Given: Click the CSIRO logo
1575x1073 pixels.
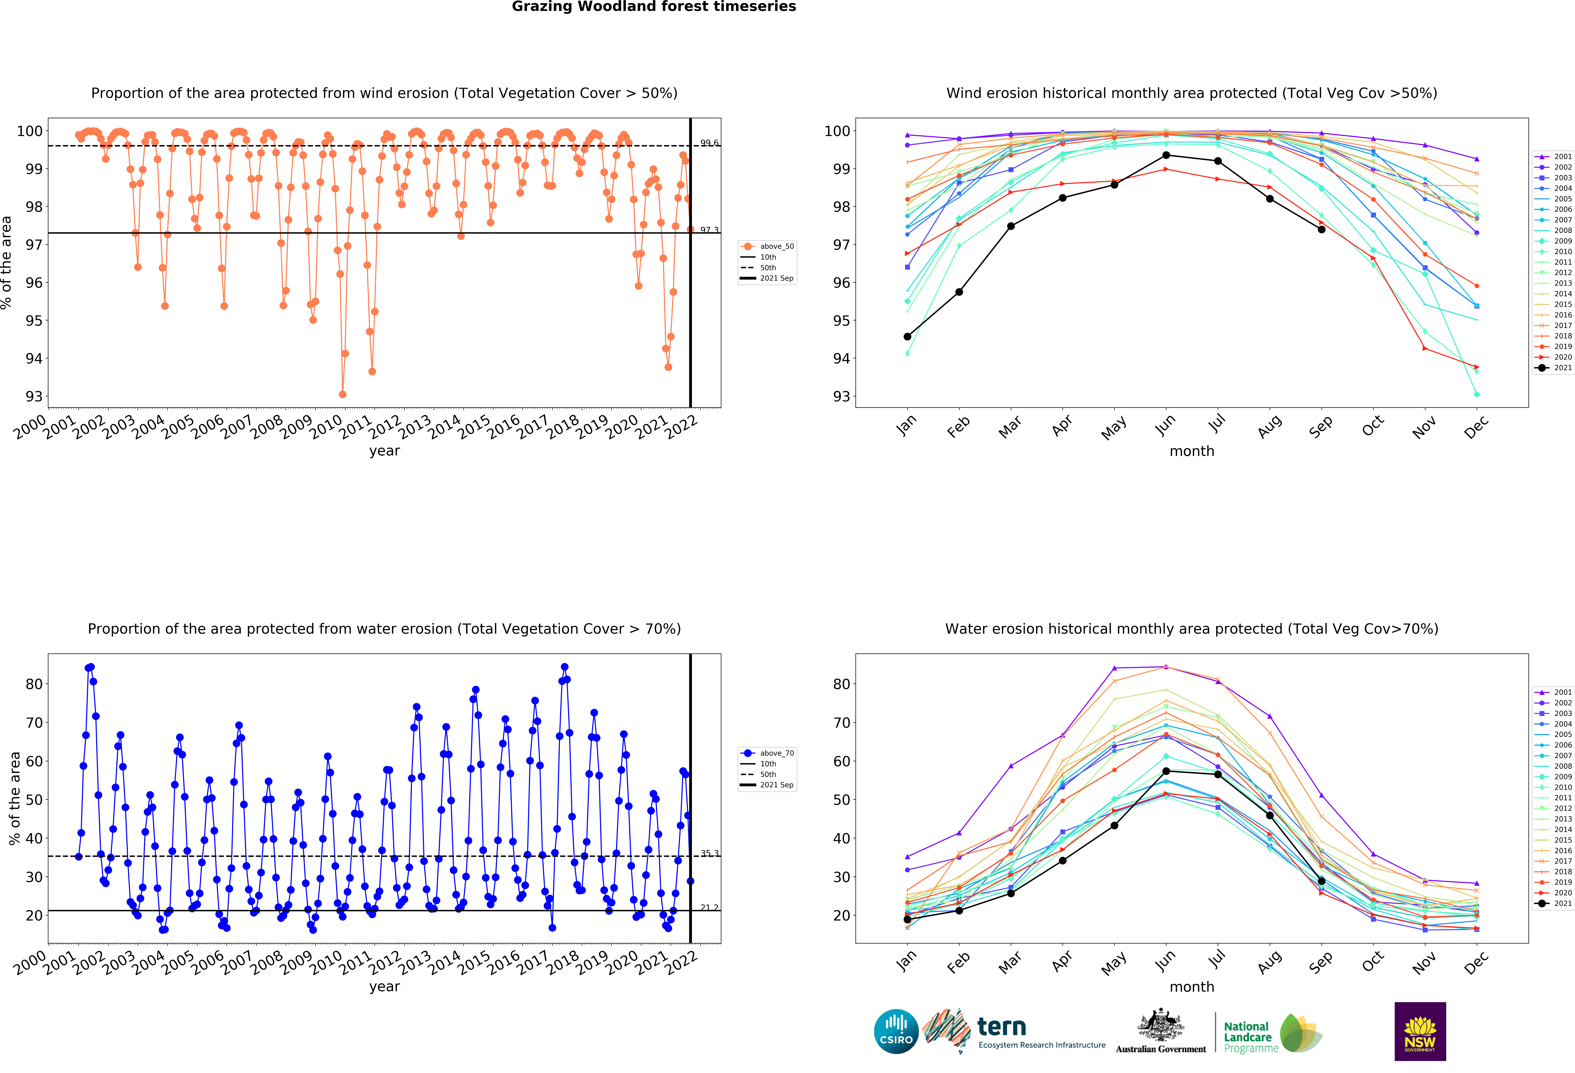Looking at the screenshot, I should click(x=896, y=1032).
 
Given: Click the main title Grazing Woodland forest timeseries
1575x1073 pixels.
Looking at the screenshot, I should click(x=653, y=7).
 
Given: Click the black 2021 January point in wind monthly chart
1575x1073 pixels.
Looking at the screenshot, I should click(x=907, y=337).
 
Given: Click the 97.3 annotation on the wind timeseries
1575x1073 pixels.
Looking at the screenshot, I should click(x=709, y=230).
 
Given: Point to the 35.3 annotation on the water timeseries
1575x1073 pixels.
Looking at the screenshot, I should click(x=709, y=853).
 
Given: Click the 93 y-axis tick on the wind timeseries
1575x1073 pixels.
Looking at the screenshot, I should click(x=33, y=396).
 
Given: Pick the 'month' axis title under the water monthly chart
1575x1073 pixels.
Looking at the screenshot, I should click(x=1191, y=987).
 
